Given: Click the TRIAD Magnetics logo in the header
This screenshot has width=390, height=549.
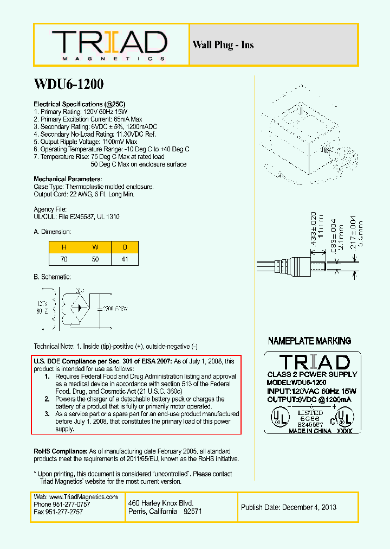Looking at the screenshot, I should tap(110, 44).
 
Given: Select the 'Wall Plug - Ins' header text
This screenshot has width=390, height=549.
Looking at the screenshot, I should tap(223, 45).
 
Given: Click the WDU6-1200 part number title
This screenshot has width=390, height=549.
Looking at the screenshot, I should tap(69, 85).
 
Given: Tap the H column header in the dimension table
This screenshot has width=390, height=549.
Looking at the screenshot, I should tap(64, 247).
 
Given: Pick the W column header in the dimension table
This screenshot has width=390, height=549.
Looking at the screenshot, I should tap(95, 247).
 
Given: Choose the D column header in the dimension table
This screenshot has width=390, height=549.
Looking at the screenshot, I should tap(125, 247).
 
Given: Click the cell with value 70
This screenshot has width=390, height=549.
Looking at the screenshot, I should tap(64, 260).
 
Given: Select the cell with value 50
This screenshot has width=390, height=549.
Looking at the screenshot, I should tap(95, 260).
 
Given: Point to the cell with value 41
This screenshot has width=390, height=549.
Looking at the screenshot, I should tap(125, 260).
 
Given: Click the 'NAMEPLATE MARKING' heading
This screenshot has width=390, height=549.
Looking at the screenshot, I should tap(309, 341).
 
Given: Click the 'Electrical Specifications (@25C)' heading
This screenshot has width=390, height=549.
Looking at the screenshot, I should tap(80, 104).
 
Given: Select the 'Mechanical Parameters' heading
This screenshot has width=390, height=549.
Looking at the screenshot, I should tap(67, 179).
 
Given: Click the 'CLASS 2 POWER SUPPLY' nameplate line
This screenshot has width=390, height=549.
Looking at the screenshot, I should tap(313, 374).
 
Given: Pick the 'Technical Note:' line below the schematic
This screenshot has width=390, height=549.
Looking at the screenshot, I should tap(115, 346).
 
